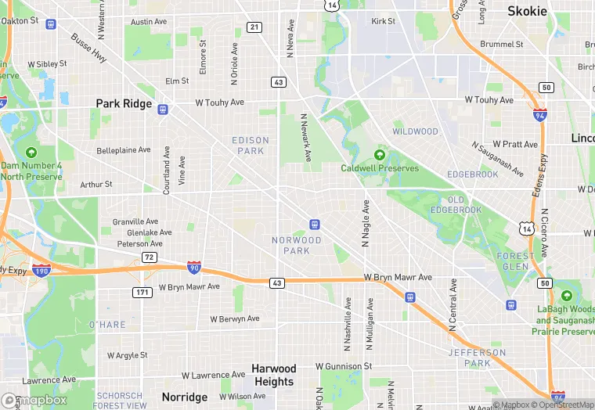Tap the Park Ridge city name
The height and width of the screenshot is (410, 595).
point(124,103)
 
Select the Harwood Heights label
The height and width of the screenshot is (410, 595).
point(274,375)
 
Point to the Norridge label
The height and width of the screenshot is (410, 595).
point(184,397)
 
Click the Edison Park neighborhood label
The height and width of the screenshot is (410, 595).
point(251,146)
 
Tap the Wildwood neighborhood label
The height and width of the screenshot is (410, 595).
point(415,131)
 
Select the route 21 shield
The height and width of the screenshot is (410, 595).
point(254,27)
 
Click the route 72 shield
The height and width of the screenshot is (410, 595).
point(148,257)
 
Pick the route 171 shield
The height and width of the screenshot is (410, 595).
point(142,292)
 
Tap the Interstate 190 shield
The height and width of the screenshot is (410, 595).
point(42,271)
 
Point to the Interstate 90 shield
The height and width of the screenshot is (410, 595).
point(194,268)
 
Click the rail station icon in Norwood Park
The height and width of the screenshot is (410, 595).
point(314,225)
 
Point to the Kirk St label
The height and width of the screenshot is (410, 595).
point(384,21)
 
